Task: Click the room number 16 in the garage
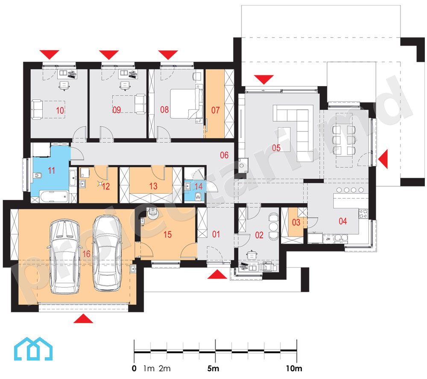[x=86, y=254]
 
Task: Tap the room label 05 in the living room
[x=276, y=148]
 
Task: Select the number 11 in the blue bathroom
[x=52, y=171]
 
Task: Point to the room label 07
[x=215, y=110]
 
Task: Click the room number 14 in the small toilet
[x=199, y=186]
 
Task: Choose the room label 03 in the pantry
[x=296, y=223]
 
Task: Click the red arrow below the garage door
[x=83, y=318]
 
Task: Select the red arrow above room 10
[x=49, y=55]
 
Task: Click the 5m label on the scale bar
[x=213, y=368]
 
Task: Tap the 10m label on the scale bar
[x=294, y=368]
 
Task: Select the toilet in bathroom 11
[x=38, y=175]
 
